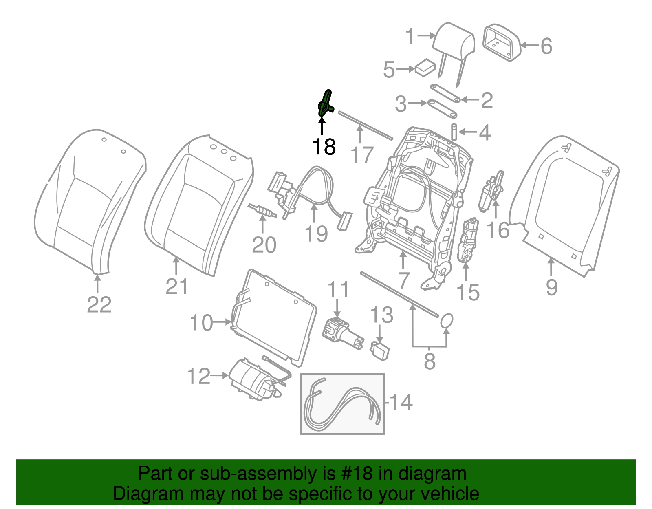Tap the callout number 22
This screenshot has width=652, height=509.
pyautogui.click(x=99, y=304)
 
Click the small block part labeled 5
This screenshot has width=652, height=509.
pyautogui.click(x=425, y=67)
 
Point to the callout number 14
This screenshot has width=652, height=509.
pyautogui.click(x=401, y=402)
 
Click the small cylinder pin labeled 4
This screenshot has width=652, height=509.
pyautogui.click(x=454, y=132)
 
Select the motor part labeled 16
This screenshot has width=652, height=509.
pyautogui.click(x=491, y=191)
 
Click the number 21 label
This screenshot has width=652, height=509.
pyautogui.click(x=177, y=286)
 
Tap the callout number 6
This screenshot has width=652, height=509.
pyautogui.click(x=546, y=46)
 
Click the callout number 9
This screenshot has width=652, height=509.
pyautogui.click(x=551, y=287)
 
